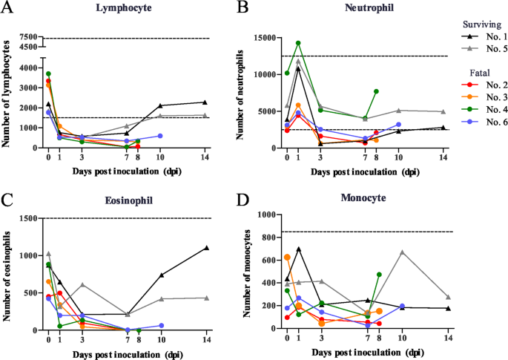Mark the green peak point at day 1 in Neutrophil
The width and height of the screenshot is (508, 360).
click(298, 43)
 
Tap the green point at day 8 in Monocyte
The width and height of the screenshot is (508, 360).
click(379, 274)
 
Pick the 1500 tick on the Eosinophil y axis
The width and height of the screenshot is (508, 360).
click(30, 218)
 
